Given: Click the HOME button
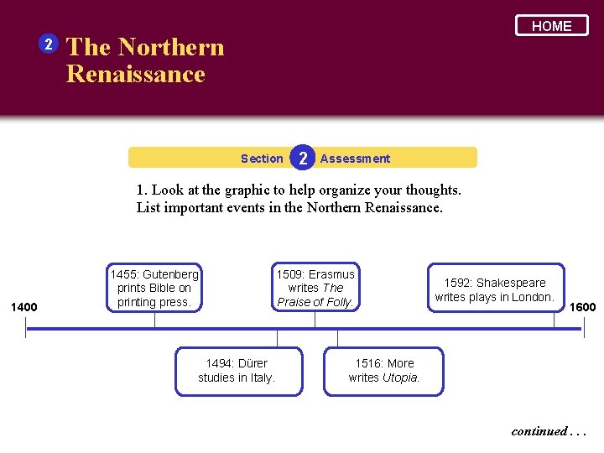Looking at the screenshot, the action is (551, 26).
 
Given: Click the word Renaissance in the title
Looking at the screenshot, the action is (135, 74).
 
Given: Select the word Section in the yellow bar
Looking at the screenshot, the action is (262, 159).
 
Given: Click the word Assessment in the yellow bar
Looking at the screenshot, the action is (355, 159).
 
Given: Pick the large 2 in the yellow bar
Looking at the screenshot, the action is (302, 158).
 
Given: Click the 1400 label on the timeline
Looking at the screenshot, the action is (23, 307).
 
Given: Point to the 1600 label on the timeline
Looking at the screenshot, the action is (582, 307).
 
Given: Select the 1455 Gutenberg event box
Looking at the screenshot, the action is (154, 288).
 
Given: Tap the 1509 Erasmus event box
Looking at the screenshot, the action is (315, 288).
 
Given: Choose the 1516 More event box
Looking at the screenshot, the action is (384, 370).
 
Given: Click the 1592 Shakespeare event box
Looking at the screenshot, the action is (495, 289).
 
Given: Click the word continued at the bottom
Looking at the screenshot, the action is (539, 431).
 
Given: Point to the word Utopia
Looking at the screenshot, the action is (400, 377).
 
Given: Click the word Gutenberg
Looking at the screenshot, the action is (171, 274).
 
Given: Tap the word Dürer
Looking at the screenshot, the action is (252, 363).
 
